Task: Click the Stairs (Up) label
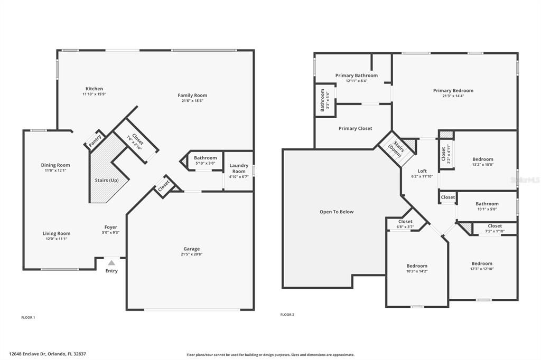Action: [102, 180]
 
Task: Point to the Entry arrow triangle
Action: [111, 262]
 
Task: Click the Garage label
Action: [191, 249]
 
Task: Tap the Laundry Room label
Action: [239, 168]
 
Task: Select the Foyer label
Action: [110, 227]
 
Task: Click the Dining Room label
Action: [55, 165]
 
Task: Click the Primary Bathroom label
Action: [356, 75]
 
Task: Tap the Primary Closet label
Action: [355, 128]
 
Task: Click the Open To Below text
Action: [337, 212]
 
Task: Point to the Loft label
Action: [422, 170]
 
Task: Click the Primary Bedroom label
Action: [453, 90]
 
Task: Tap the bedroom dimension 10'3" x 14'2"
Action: [417, 271]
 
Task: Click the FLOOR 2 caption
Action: [287, 315]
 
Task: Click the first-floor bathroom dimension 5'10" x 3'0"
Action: [205, 163]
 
